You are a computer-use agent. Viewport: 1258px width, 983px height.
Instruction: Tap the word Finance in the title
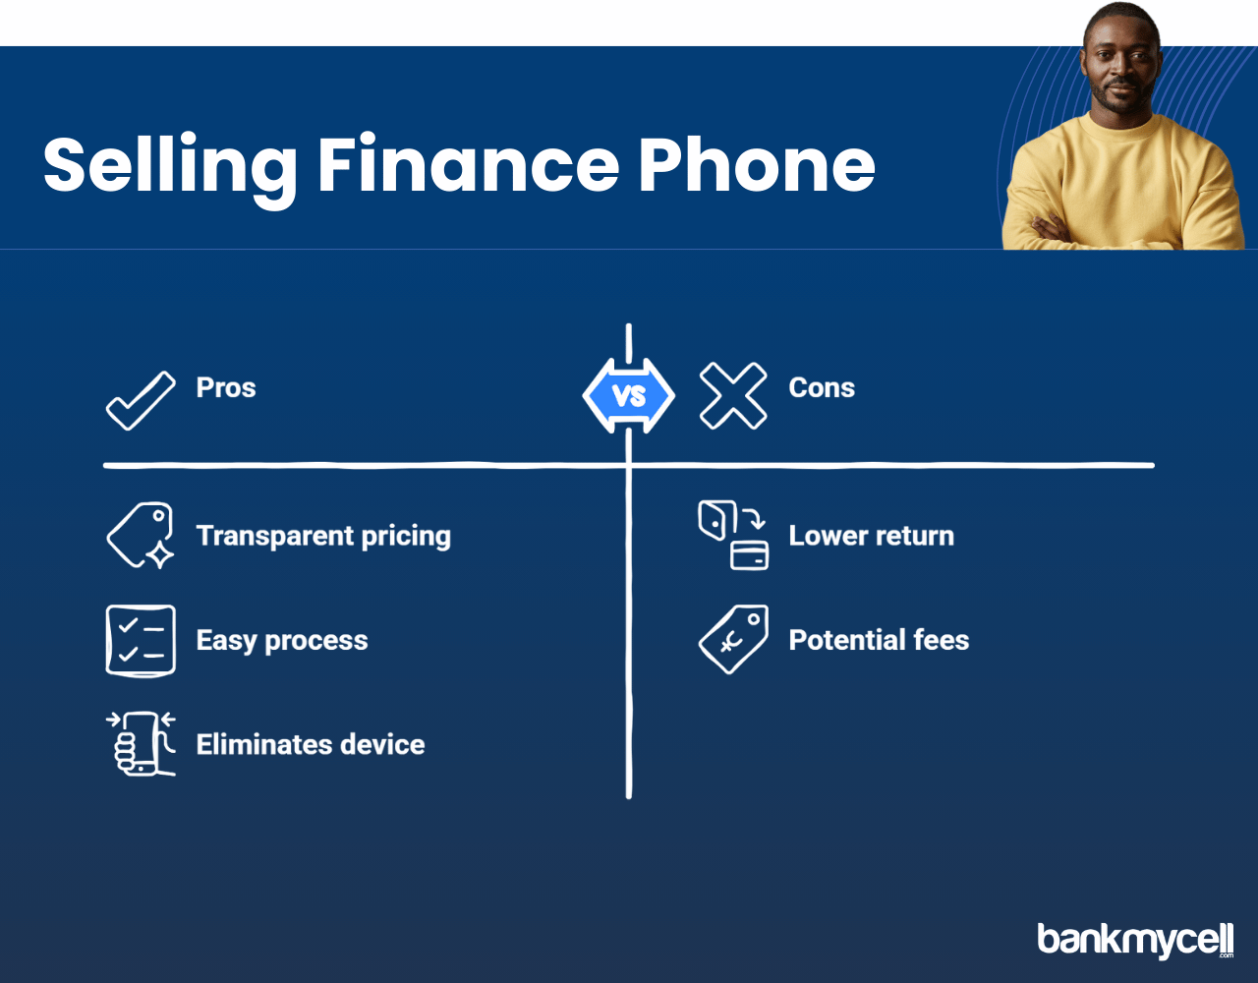pos(469,164)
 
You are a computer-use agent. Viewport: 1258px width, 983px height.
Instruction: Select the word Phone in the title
pos(757,164)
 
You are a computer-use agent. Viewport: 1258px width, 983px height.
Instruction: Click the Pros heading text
pos(226,388)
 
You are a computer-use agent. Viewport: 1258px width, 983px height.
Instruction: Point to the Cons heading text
pos(822,388)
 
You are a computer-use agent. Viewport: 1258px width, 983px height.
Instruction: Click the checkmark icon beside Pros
pos(141,401)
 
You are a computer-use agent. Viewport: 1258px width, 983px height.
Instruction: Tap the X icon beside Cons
pos(733,396)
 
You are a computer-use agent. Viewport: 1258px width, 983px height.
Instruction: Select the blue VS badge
pos(629,396)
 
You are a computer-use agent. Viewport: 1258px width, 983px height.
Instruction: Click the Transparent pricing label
pos(323,537)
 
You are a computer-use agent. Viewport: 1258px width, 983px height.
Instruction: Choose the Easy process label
pos(282,641)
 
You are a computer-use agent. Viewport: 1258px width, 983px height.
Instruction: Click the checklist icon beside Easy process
pos(141,640)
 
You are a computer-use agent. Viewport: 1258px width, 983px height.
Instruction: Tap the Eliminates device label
pos(311,744)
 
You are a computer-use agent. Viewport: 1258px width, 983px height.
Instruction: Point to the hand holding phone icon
pos(141,744)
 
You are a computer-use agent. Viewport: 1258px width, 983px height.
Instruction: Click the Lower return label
pos(872,536)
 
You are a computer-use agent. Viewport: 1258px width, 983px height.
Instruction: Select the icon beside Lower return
pos(733,536)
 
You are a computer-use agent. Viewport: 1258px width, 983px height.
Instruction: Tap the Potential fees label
pos(879,640)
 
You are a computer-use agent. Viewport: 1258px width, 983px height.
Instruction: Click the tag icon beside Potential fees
pos(733,640)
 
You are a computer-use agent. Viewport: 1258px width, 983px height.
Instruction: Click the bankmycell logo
pos(1135,940)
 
